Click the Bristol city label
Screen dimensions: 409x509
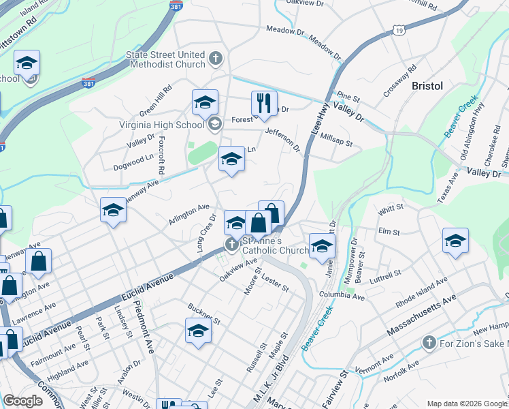427,86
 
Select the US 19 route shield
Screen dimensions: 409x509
398,31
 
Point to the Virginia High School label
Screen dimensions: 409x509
163,124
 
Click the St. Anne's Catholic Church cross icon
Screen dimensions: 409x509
232,244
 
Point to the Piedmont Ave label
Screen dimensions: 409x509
145,327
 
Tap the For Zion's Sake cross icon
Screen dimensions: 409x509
429,342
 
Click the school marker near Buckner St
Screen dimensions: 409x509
198,331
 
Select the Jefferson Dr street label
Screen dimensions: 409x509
282,138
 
